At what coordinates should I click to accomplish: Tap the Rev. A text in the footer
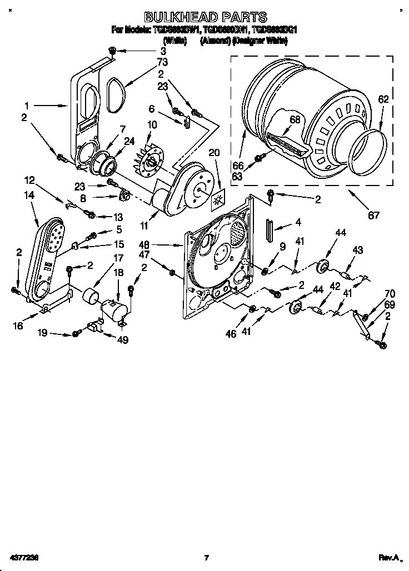(x=389, y=557)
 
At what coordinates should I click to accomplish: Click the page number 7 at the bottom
(x=206, y=557)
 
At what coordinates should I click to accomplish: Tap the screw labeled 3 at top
(x=111, y=51)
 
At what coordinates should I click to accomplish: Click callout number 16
(x=18, y=325)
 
